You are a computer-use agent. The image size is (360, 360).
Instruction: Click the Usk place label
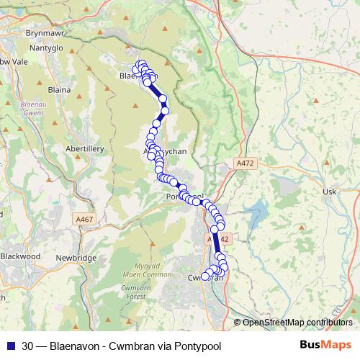tap(330, 192)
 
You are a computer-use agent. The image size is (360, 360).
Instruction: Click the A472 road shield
tap(246, 164)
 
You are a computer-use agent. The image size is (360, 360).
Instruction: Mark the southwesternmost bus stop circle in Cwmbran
tap(205, 275)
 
